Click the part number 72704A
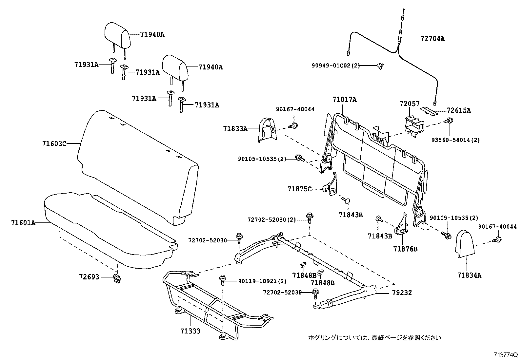432,39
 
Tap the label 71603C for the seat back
54,143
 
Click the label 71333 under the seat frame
190,331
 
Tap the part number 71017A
344,100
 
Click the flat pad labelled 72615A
429,111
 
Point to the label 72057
410,104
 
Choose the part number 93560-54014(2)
455,140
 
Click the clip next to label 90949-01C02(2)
380,66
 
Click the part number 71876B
405,249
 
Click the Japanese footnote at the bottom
374,337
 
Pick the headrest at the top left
117,35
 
